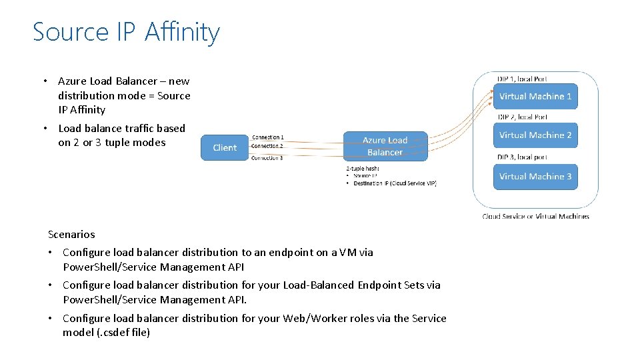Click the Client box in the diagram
point(224,147)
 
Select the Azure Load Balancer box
point(385,146)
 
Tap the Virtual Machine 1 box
point(535,97)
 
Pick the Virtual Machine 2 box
point(535,135)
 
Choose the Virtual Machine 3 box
point(535,177)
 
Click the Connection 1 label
point(267,137)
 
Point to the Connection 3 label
point(267,158)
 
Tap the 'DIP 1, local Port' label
point(522,79)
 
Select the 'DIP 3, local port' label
point(522,157)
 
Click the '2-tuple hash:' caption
point(363,169)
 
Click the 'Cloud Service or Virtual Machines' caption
point(535,216)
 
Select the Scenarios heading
point(71,235)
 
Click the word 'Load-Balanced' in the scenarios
point(319,285)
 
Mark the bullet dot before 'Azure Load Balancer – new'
point(45,81)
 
